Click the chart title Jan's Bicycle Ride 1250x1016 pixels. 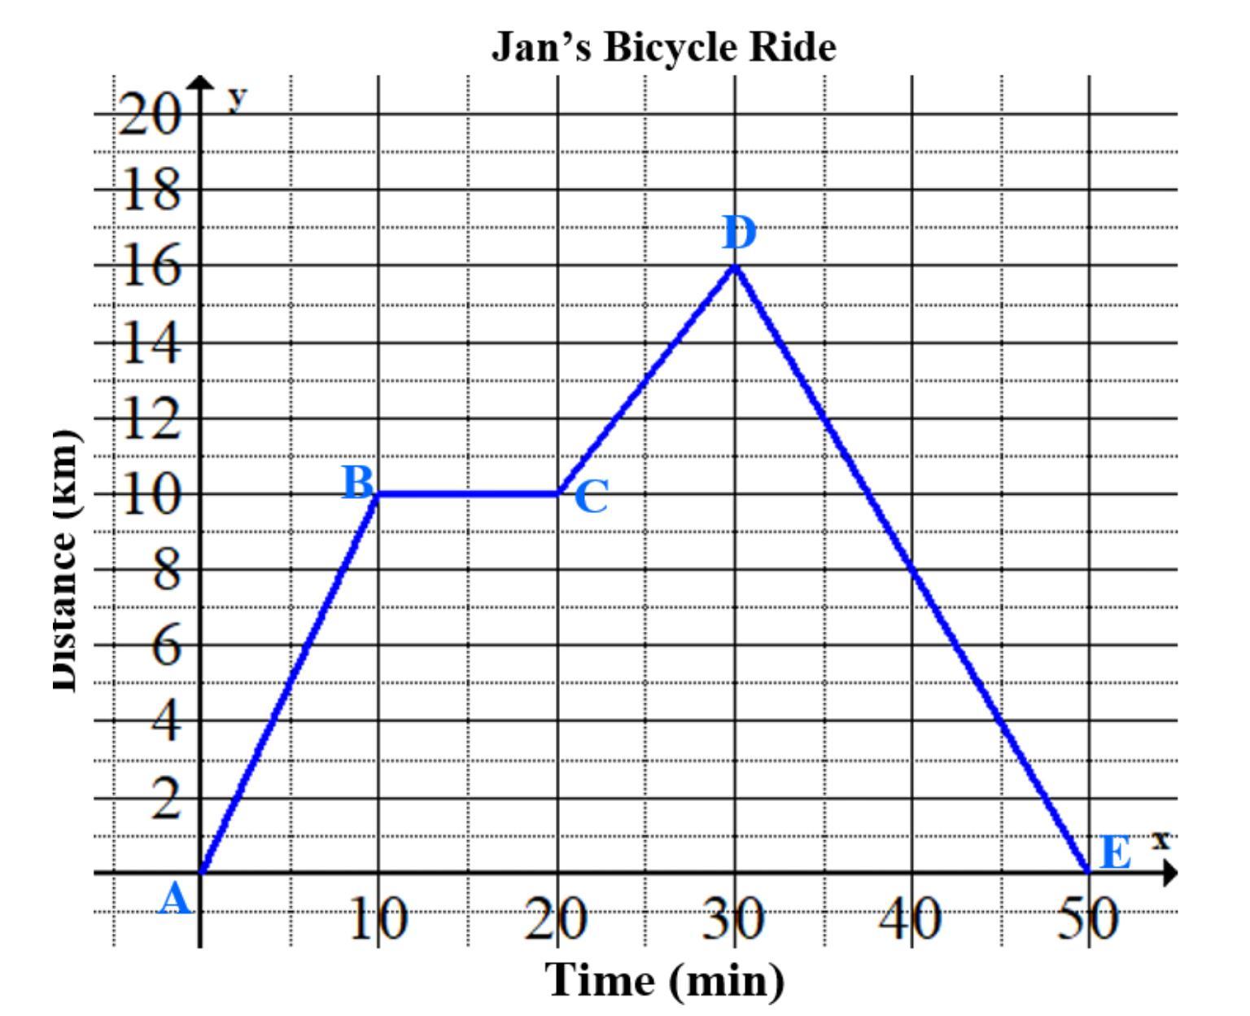[663, 47]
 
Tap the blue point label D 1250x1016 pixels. [739, 234]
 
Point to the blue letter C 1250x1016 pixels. [591, 497]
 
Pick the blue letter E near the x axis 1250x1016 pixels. [1115, 854]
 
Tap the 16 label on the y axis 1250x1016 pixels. [150, 267]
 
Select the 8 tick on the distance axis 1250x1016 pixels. [166, 571]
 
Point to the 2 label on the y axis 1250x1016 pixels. [166, 799]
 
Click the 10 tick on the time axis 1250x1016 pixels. [378, 921]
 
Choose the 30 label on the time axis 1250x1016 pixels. [735, 921]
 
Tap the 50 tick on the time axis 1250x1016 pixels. [1089, 921]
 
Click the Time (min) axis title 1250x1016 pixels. [665, 979]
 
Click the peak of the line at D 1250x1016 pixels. [736, 266]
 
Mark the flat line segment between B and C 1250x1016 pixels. [467, 493]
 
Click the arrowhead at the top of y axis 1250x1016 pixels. [199, 82]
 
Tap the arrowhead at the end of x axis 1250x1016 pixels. [1170, 874]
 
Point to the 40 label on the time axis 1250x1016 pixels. [911, 921]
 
